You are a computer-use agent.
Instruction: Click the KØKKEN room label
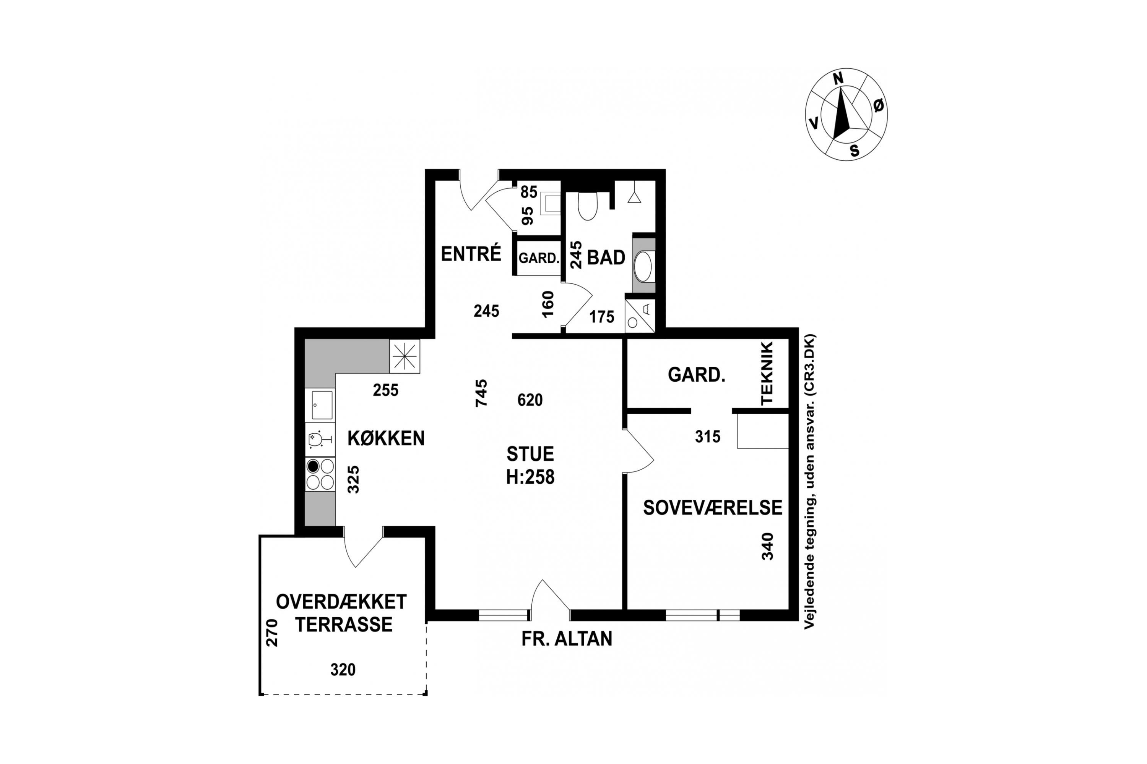coord(386,439)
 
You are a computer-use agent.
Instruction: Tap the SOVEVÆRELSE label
coord(713,508)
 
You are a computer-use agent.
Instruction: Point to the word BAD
coord(606,257)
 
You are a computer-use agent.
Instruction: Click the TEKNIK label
coord(767,373)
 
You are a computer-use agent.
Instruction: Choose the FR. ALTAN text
coord(567,639)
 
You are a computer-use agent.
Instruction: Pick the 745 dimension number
coord(481,393)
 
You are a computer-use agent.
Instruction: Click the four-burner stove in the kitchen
coord(320,474)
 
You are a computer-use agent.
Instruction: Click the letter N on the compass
coord(838,79)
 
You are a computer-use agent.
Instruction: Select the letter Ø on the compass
coord(878,105)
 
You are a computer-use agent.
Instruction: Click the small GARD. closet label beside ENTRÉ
coord(538,258)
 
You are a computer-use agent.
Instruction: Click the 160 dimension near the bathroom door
coord(548,304)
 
